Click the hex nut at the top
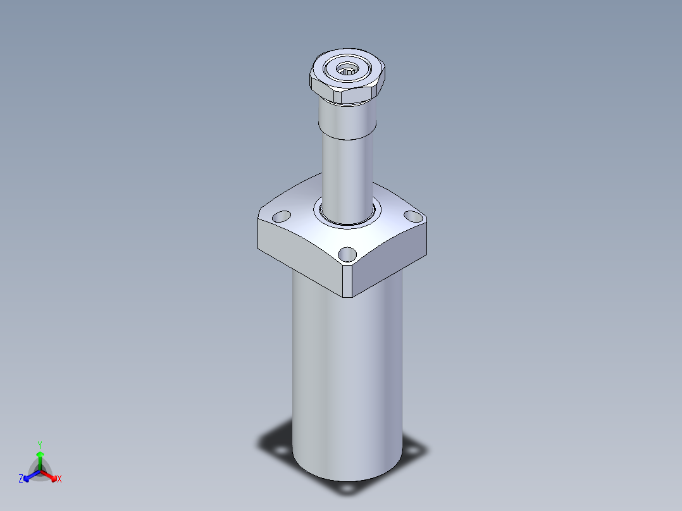point(347,76)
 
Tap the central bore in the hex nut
point(347,68)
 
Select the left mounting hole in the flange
point(282,216)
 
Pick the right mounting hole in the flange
point(412,216)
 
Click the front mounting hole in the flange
point(347,254)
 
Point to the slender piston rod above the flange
point(347,178)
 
